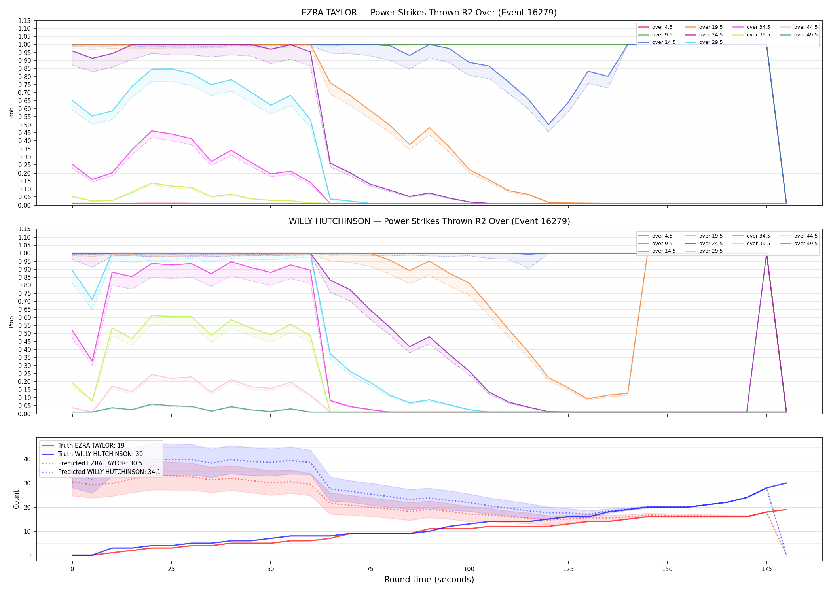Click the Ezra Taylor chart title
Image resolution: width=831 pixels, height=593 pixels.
pyautogui.click(x=429, y=13)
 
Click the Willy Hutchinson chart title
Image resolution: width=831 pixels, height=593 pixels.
pyautogui.click(x=429, y=221)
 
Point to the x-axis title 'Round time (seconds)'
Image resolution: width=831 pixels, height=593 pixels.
pyautogui.click(x=429, y=580)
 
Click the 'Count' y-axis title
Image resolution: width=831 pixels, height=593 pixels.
pyautogui.click(x=16, y=499)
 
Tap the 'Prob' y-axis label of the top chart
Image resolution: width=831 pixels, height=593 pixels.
pyautogui.click(x=11, y=113)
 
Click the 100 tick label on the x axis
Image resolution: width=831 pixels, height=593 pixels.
pyautogui.click(x=469, y=569)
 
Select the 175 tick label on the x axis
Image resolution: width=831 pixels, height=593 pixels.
pyautogui.click(x=766, y=569)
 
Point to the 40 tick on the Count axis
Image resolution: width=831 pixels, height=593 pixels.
pyautogui.click(x=27, y=459)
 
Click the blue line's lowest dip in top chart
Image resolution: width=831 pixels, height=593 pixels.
pyautogui.click(x=548, y=125)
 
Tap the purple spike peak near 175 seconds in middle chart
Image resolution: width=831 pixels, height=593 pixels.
pyautogui.click(x=766, y=254)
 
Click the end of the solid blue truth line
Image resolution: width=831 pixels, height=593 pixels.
pyautogui.click(x=786, y=483)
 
